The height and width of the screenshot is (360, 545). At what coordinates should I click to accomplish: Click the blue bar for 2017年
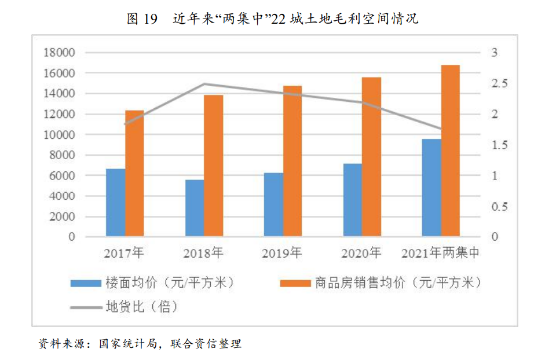pyautogui.click(x=115, y=203)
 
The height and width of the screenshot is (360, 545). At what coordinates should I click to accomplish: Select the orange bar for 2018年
pyautogui.click(x=214, y=166)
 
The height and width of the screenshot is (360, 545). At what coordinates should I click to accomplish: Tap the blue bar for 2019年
pyautogui.click(x=273, y=204)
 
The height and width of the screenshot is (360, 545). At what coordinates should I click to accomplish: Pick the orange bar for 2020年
pyautogui.click(x=372, y=157)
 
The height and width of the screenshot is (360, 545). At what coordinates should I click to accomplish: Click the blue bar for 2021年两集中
pyautogui.click(x=431, y=188)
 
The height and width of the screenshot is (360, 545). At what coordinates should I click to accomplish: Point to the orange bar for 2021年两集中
pyautogui.click(x=450, y=150)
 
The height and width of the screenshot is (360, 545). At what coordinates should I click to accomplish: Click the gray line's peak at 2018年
pyautogui.click(x=204, y=84)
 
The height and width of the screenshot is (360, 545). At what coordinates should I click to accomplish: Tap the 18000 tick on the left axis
pyautogui.click(x=60, y=53)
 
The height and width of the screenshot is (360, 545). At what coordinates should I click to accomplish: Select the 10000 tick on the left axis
pyautogui.click(x=60, y=135)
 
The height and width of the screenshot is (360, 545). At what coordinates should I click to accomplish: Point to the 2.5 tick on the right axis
pyautogui.click(x=499, y=84)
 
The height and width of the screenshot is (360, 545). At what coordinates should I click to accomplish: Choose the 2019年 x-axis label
pyautogui.click(x=282, y=253)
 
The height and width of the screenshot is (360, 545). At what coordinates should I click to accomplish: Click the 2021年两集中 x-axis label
pyautogui.click(x=440, y=253)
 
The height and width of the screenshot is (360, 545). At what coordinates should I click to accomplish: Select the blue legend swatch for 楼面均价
pyautogui.click(x=85, y=284)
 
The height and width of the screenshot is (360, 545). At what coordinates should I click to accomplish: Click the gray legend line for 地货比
pyautogui.click(x=85, y=307)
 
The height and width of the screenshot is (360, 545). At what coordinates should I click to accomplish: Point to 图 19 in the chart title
pyautogui.click(x=142, y=19)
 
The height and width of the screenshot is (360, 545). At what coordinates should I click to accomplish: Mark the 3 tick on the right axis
pyautogui.click(x=495, y=53)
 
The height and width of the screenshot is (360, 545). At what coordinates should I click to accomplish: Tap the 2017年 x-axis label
pyautogui.click(x=124, y=253)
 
